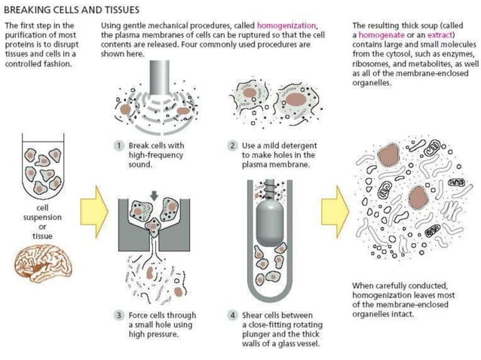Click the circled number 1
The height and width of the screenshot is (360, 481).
tap(118, 144)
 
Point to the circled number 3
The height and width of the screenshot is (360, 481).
tap(118, 315)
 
